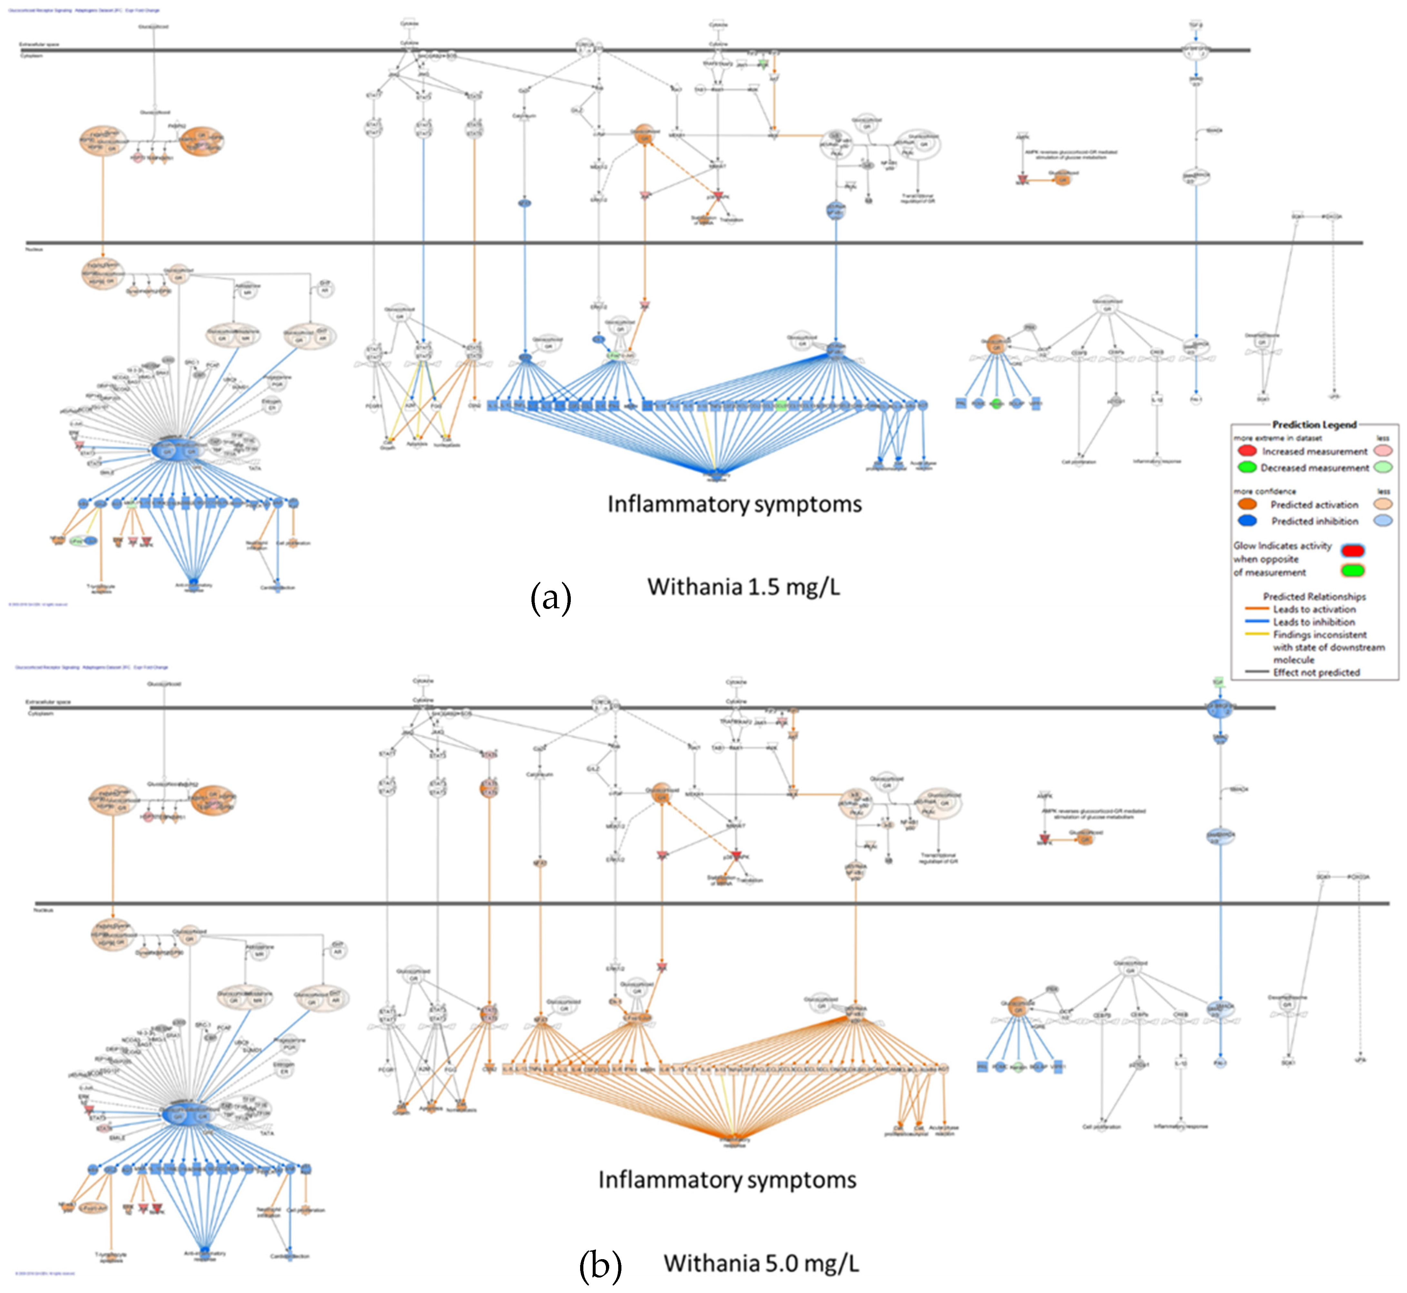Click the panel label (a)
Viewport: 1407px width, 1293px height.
(x=550, y=598)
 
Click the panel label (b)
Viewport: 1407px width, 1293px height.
(x=600, y=1265)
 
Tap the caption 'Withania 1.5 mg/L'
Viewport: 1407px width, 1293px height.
(x=744, y=586)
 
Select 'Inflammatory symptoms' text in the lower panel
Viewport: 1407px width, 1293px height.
(x=727, y=1180)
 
